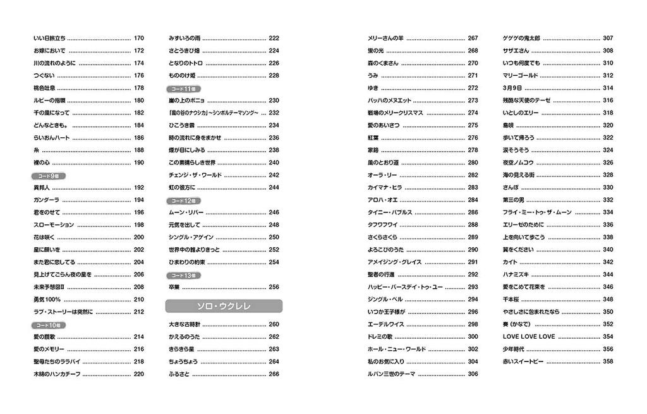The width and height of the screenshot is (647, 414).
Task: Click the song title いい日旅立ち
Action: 49,38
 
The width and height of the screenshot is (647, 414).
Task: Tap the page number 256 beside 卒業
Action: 274,287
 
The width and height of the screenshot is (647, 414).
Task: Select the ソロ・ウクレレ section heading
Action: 224,307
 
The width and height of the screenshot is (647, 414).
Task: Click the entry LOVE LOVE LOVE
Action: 529,336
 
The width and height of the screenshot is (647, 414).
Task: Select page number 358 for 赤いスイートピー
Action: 608,362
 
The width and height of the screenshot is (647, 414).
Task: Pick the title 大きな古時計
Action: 186,324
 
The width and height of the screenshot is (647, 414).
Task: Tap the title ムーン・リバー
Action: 186,212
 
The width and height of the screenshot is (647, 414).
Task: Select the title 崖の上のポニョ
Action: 188,100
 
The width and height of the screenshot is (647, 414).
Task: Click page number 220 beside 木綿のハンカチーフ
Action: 139,374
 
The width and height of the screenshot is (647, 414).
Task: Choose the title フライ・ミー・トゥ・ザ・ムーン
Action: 537,212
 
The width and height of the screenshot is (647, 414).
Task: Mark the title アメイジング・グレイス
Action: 396,262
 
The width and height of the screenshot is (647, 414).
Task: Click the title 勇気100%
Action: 48,300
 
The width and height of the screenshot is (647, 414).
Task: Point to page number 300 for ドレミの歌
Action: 473,336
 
